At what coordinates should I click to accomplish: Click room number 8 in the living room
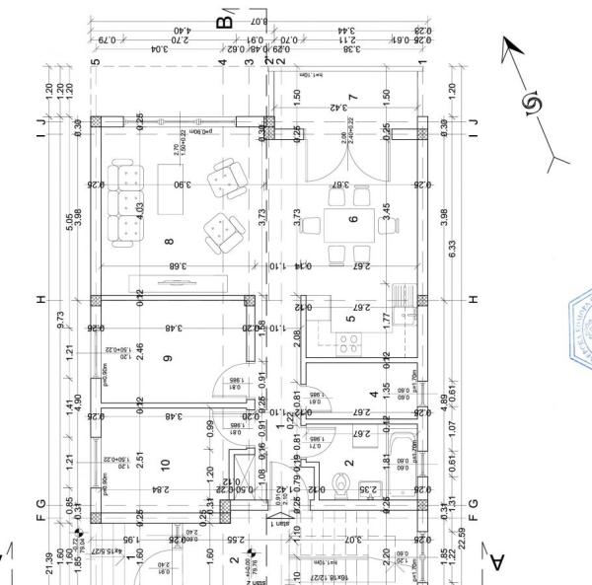[x=169, y=241]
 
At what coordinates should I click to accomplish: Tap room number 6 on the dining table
[x=352, y=218]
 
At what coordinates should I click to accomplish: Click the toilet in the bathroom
[x=342, y=483]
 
